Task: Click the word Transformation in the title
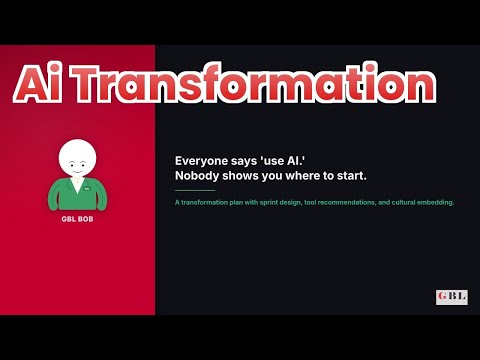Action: tap(254, 83)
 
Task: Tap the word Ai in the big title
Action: tap(38, 83)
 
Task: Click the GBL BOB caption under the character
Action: tap(77, 219)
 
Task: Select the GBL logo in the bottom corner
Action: tap(452, 297)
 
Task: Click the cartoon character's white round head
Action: tap(77, 158)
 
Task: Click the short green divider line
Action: tap(195, 190)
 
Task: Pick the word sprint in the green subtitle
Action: tap(269, 202)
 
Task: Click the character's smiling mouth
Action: tap(77, 172)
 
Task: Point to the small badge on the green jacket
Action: tap(87, 189)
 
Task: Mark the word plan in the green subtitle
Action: tap(236, 203)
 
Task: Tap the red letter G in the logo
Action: tap(443, 296)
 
